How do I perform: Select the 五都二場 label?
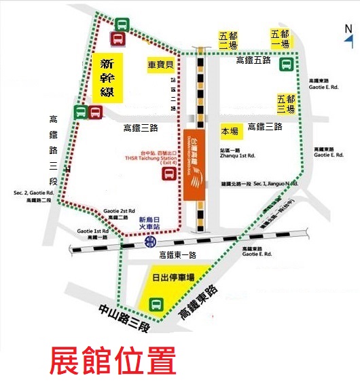coord(228,41)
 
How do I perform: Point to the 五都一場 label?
coord(280,39)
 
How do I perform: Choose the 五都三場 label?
coord(286,103)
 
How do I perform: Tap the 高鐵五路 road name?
coord(253,61)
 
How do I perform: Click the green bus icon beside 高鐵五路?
coord(287,65)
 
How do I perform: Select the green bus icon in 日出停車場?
coord(156,303)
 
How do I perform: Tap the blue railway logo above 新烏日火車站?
coord(150,241)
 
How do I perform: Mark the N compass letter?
coord(348,29)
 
